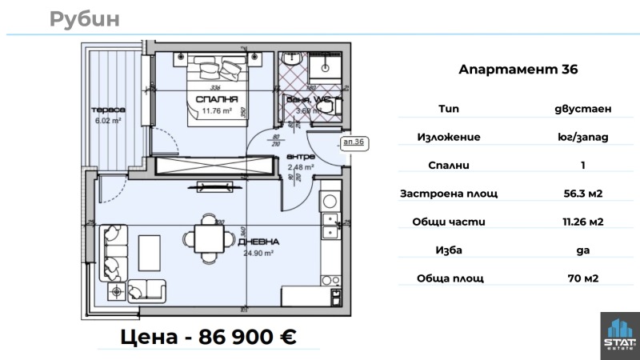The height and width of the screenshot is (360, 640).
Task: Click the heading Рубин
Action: [x=84, y=19]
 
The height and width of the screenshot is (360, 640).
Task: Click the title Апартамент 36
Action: [x=518, y=70]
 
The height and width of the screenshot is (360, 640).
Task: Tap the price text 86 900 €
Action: [x=208, y=337]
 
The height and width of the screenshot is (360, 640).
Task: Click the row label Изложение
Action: [x=449, y=137]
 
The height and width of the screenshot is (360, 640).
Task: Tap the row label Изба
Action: [x=449, y=250]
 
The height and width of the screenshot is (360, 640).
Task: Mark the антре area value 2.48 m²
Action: [x=300, y=167]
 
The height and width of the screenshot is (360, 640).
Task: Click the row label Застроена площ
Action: [x=449, y=193]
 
